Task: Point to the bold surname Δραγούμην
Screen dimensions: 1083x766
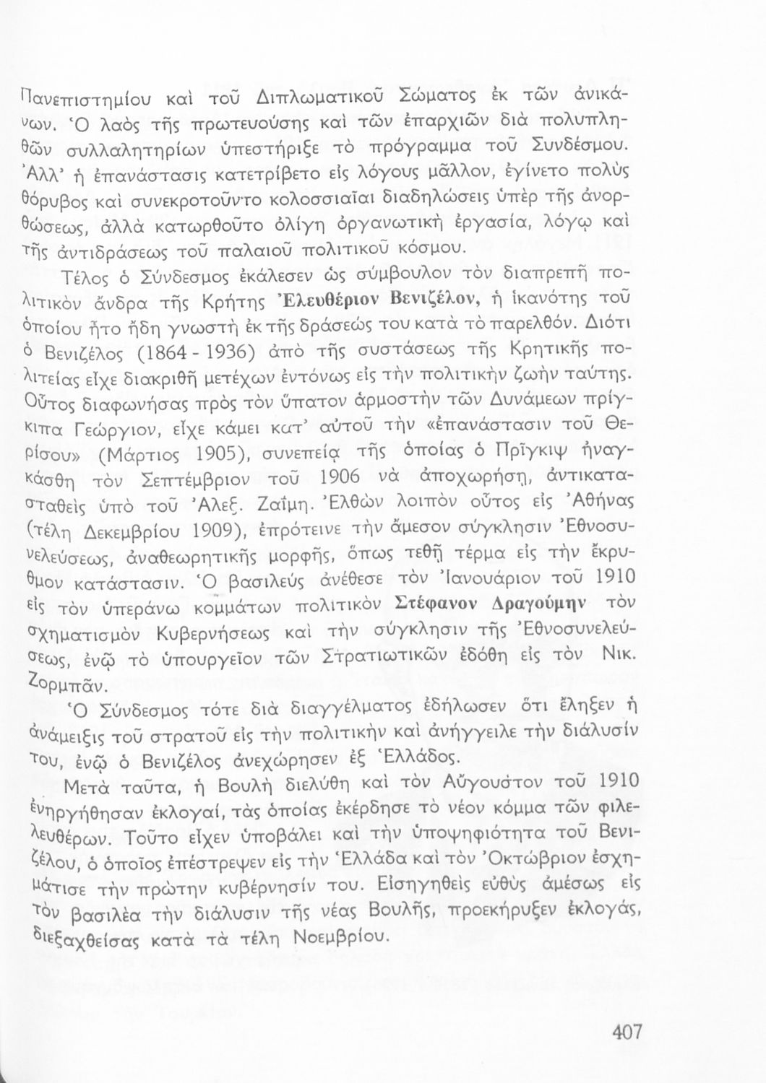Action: point(538,603)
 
